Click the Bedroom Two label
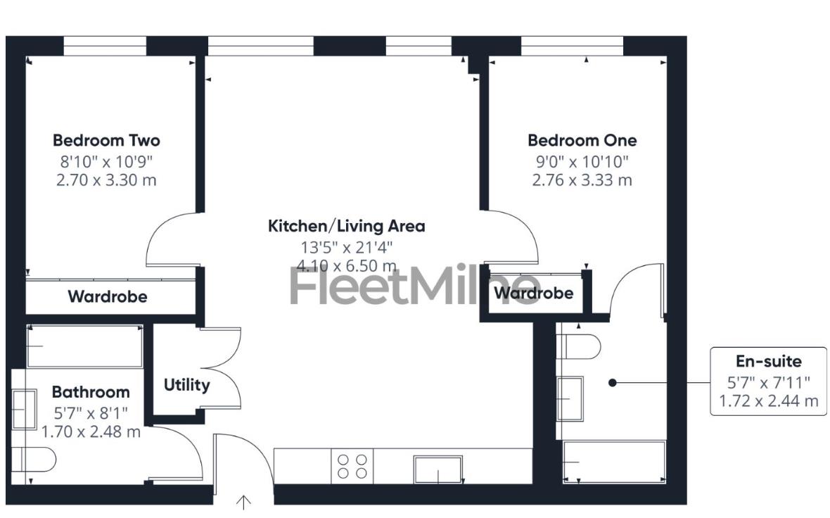106,140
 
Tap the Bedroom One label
582,140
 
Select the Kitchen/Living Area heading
346,226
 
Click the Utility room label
186,385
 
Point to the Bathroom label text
91,391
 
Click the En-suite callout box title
768,361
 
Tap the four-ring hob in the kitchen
352,466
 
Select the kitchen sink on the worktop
438,469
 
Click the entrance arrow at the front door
243,501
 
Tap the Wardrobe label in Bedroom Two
107,296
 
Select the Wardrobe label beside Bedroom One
533,293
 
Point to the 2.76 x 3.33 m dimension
582,179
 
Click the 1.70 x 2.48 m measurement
91,431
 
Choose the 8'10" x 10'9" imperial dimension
106,160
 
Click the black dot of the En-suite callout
612,383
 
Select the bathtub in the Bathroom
84,346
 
